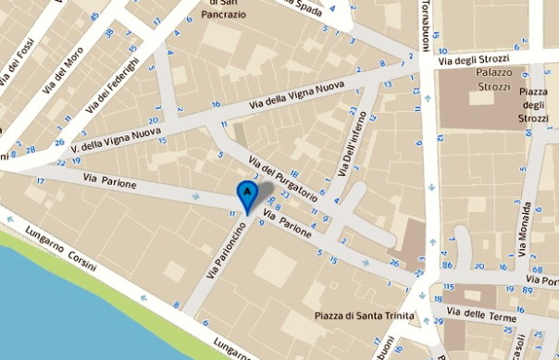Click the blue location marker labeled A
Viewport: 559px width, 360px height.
coord(247,192)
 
